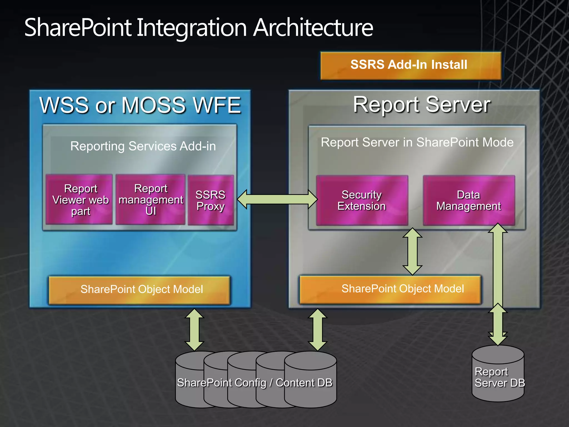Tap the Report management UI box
tap(150, 200)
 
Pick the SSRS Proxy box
tap(211, 200)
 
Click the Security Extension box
tap(362, 200)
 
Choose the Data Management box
tap(469, 200)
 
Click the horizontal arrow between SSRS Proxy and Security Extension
tap(277, 199)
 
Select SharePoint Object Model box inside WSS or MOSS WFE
tap(139, 290)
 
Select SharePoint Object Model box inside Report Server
tap(390, 289)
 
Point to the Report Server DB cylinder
tap(498, 374)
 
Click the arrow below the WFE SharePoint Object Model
tap(194, 330)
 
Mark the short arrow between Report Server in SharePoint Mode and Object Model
tap(413, 252)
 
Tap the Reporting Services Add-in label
tap(143, 146)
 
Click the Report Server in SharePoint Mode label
tap(417, 142)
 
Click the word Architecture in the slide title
tap(313, 28)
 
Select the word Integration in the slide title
tap(192, 28)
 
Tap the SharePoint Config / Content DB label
tap(255, 383)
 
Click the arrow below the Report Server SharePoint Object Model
tap(318, 330)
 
